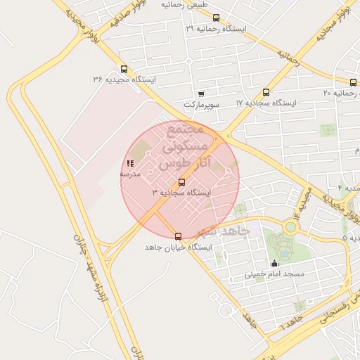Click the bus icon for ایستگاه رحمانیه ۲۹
[216, 18]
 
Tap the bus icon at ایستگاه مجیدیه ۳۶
[124, 69]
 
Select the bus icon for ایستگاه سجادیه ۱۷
[266, 92]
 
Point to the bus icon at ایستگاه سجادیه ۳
[182, 182]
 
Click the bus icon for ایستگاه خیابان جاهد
[178, 236]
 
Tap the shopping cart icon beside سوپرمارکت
[202, 94]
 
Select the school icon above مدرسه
[130, 164]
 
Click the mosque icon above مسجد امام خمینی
[274, 264]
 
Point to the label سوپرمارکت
[202, 104]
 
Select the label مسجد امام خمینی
[274, 274]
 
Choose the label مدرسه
[130, 174]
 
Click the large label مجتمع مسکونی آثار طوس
[181, 148]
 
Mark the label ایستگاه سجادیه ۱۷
[266, 103]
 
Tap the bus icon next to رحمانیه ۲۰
[353, 82]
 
